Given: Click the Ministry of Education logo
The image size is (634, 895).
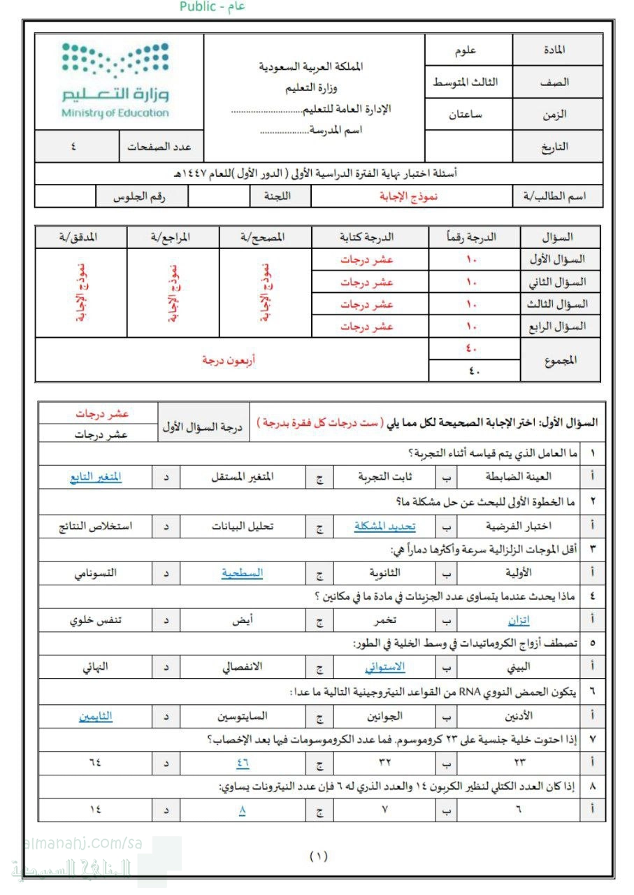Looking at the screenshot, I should coord(115,80).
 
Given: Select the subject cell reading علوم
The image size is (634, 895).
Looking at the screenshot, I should coord(466,50).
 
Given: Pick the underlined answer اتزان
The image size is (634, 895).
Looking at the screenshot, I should coord(518,620).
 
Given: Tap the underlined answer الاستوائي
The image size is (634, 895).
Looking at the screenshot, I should coord(384,667).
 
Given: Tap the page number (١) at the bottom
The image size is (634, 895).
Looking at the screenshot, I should coord(318,855).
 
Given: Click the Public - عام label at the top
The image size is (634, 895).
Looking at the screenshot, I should coord(213,7).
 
